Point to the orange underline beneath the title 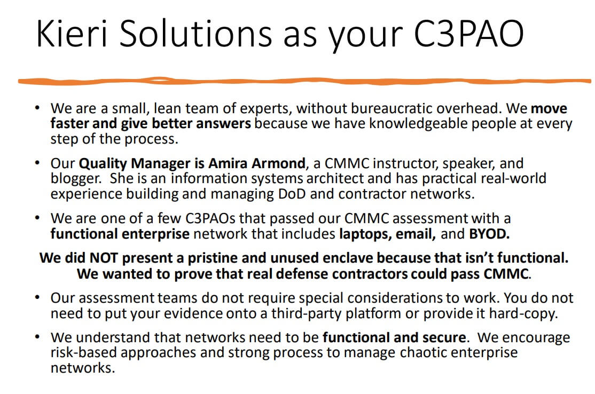(304, 81)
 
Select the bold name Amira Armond (255, 163)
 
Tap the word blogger (75, 178)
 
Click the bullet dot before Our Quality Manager (37, 163)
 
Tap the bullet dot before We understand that (37, 338)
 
